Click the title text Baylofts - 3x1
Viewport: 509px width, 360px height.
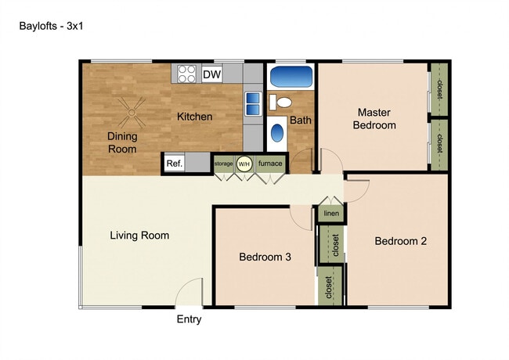[51, 25]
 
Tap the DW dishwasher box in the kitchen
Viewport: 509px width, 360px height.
[211, 74]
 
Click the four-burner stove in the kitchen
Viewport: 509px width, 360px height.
[186, 74]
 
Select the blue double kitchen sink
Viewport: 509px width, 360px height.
[253, 104]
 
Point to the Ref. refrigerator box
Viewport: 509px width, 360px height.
[174, 164]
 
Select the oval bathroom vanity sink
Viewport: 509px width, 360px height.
[279, 132]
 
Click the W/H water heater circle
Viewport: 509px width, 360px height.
[244, 164]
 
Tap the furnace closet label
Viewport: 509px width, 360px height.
[270, 164]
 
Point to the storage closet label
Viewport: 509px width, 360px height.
[224, 164]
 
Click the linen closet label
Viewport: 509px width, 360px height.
[330, 214]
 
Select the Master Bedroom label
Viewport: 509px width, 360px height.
[374, 118]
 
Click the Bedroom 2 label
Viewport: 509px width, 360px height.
[400, 241]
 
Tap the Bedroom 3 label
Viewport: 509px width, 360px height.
[265, 257]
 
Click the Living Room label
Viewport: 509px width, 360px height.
[139, 235]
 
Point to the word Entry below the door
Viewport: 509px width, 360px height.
[189, 319]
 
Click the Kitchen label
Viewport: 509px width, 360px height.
[194, 117]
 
